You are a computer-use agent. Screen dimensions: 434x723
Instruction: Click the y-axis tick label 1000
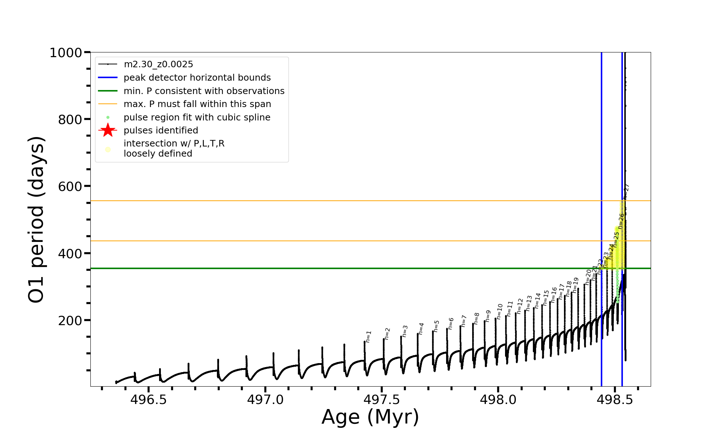[x=66, y=53]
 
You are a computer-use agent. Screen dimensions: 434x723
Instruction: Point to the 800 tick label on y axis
[x=70, y=119]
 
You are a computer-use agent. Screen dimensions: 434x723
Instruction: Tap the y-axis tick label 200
[x=70, y=320]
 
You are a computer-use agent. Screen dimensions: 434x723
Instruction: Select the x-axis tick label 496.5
[x=149, y=400]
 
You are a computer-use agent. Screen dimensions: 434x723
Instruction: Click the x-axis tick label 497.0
[x=265, y=400]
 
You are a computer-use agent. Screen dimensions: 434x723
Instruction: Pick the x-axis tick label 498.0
[x=498, y=400]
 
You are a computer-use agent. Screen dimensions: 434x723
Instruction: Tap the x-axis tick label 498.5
[x=615, y=400]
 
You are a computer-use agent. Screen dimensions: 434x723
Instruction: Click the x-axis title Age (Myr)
[x=370, y=417]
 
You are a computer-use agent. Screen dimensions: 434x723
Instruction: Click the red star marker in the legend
[x=108, y=130]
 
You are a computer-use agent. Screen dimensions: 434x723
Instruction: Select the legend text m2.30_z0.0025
[x=158, y=64]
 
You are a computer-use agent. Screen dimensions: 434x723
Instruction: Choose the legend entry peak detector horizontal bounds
[x=197, y=78]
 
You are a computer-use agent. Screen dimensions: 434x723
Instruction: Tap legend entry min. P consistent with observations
[x=204, y=91]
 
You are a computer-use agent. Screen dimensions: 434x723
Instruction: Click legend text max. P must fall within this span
[x=197, y=104]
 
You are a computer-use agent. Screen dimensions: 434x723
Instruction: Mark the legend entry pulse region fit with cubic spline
[x=197, y=118]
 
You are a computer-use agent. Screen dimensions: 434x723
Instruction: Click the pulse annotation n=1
[x=368, y=336]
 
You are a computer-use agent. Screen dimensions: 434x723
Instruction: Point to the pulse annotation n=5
[x=436, y=326]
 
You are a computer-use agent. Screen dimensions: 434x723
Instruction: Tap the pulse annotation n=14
[x=538, y=301]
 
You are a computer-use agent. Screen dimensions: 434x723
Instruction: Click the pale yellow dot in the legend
[x=108, y=149]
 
